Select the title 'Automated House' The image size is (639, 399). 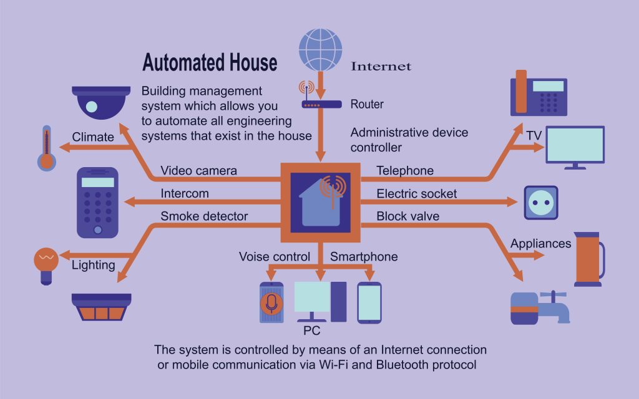click(209, 63)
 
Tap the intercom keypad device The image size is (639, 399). click(97, 202)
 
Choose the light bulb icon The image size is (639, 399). click(45, 264)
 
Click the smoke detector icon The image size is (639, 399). click(101, 306)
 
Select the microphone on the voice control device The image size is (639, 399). click(271, 303)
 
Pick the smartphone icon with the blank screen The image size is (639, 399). click(369, 302)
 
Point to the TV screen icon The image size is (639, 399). click(575, 145)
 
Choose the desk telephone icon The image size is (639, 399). click(538, 93)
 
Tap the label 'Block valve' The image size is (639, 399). click(408, 216)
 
